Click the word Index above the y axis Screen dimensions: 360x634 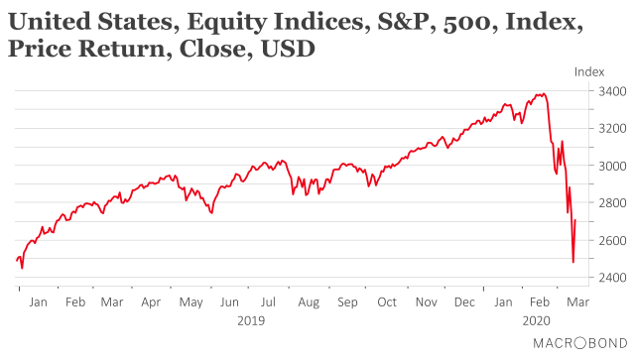pos(589,70)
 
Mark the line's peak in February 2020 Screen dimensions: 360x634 pos(542,94)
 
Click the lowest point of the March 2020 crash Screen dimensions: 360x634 pos(572,262)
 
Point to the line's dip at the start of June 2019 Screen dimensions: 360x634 pos(211,212)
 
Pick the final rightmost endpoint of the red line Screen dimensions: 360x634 pos(575,220)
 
